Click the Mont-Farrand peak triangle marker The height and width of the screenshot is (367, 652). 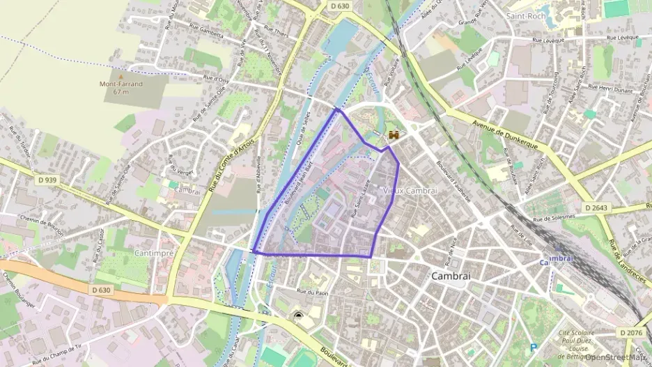click(120, 76)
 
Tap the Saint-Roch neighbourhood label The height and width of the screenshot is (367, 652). click(525, 15)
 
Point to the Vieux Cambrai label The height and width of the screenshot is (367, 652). click(410, 190)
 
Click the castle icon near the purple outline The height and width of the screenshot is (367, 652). click(394, 135)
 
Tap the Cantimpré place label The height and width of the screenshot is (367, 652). click(153, 253)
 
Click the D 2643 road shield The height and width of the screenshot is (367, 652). click(596, 208)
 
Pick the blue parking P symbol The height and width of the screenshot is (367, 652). click(534, 347)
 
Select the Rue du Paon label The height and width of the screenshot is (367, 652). click(311, 292)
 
